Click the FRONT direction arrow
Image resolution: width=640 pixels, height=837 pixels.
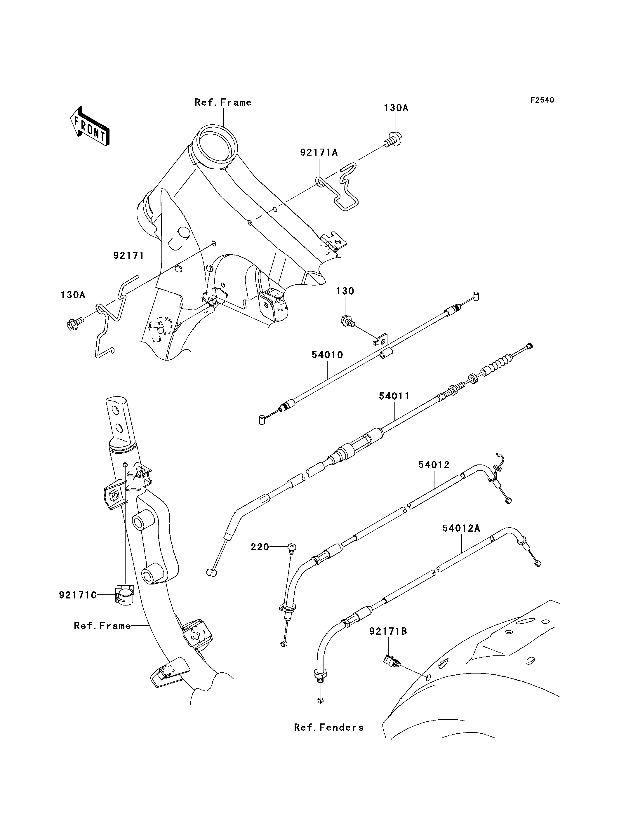[90, 126]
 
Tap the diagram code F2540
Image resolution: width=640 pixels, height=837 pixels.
[542, 100]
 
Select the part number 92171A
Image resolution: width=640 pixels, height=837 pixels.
[319, 152]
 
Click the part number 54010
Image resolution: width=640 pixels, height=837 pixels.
[327, 355]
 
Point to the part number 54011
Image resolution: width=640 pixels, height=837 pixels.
[394, 396]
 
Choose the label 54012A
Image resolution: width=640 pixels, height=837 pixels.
[461, 528]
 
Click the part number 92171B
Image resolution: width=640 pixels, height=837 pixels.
[388, 631]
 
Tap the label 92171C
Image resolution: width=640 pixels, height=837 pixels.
[78, 595]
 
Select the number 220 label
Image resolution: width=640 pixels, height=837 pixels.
[260, 547]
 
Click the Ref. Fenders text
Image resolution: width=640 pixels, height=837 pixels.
[329, 727]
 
